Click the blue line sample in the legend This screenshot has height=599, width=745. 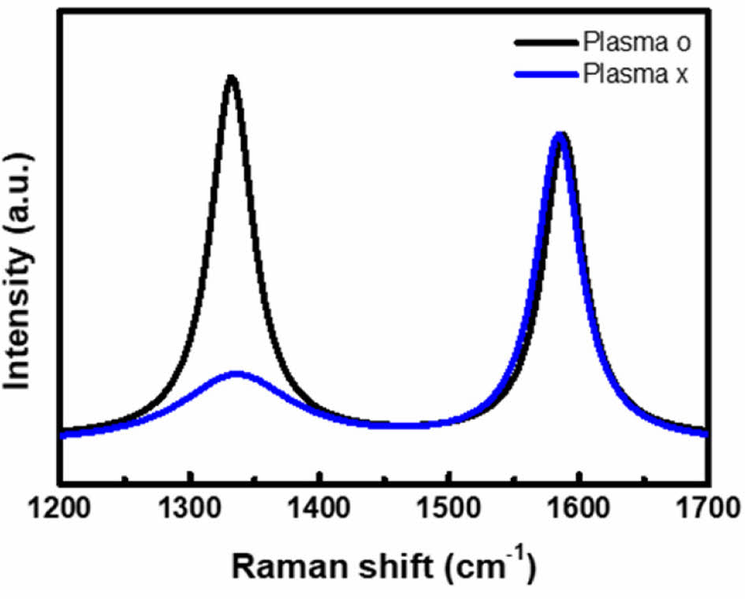click(546, 76)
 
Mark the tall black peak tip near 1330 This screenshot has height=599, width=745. click(231, 77)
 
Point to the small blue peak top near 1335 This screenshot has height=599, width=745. click(237, 373)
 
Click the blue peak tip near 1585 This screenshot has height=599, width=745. click(559, 135)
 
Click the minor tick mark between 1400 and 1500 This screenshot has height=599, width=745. click(383, 478)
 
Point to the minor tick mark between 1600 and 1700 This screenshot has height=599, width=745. click(643, 478)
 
